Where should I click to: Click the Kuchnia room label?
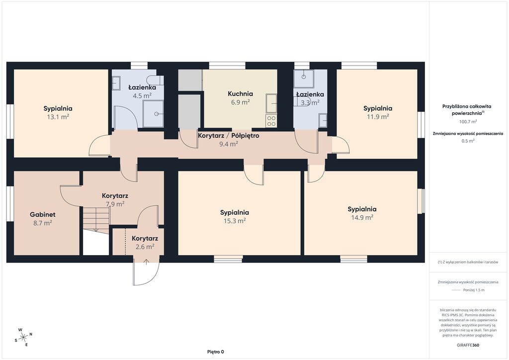click(240, 94)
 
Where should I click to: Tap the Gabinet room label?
click(43, 215)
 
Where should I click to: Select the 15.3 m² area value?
click(235, 221)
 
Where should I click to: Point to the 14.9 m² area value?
click(362, 217)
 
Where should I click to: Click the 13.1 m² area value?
click(58, 117)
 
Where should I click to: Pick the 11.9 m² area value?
click(378, 116)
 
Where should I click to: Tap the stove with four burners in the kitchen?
click(271, 121)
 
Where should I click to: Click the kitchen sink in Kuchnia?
click(271, 103)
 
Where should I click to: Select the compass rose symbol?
click(23, 337)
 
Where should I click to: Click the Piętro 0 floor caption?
click(216, 352)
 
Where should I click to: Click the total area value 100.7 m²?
click(468, 122)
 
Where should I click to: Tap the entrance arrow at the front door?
click(147, 262)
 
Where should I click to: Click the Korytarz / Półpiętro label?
click(229, 136)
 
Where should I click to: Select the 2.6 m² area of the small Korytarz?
click(145, 247)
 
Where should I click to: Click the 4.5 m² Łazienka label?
click(142, 91)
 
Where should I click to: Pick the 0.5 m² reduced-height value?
click(468, 141)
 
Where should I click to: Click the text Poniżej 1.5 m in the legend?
click(474, 290)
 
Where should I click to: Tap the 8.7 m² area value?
click(43, 223)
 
